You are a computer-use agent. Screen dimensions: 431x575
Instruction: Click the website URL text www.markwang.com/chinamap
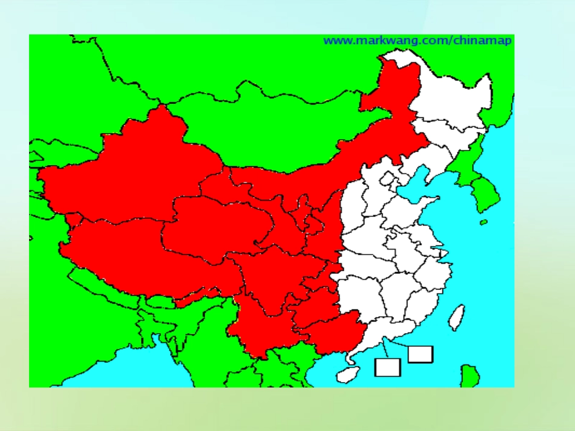(x=418, y=41)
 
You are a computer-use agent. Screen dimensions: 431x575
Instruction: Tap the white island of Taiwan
(x=458, y=316)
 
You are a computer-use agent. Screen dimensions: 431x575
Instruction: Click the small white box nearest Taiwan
(x=420, y=354)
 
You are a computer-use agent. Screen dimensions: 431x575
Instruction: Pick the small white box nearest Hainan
(x=387, y=366)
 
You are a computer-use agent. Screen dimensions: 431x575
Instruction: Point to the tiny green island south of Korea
(x=484, y=222)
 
